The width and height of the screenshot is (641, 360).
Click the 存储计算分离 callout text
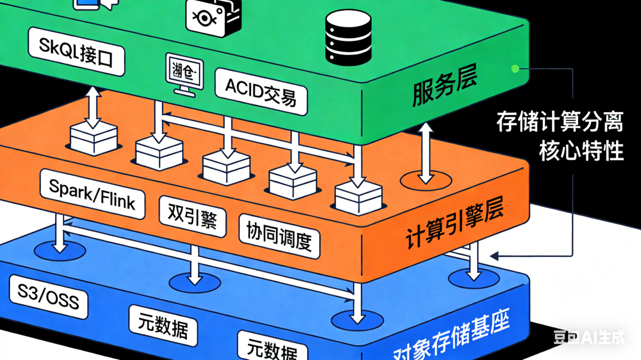pyautogui.click(x=560, y=123)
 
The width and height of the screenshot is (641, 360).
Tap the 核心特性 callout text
pyautogui.click(x=581, y=151)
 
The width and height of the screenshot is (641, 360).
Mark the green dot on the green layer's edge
pyautogui.click(x=515, y=69)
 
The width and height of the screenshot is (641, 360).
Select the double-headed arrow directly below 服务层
pyautogui.click(x=425, y=152)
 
